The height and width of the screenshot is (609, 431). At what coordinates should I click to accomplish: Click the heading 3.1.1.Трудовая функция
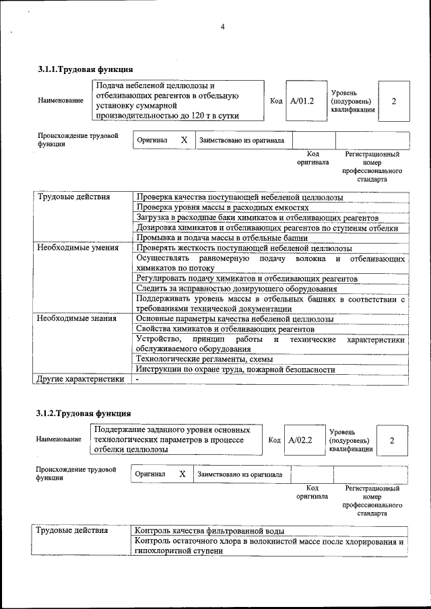click(84, 69)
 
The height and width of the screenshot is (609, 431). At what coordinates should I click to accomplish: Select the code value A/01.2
click(302, 101)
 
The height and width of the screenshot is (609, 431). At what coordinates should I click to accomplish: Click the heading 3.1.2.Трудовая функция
click(84, 413)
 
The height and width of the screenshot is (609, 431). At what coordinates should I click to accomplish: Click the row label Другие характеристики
click(80, 380)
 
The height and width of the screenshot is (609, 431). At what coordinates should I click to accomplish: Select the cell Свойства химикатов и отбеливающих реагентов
click(225, 329)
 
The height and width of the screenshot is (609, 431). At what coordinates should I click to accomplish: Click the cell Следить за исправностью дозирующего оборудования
click(236, 289)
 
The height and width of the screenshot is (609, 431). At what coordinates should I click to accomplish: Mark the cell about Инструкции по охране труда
click(235, 369)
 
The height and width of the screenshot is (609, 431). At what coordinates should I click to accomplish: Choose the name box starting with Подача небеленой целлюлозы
click(177, 101)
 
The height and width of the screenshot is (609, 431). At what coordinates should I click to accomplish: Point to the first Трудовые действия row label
click(73, 197)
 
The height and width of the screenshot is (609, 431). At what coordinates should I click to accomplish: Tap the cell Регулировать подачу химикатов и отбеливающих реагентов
click(246, 279)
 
